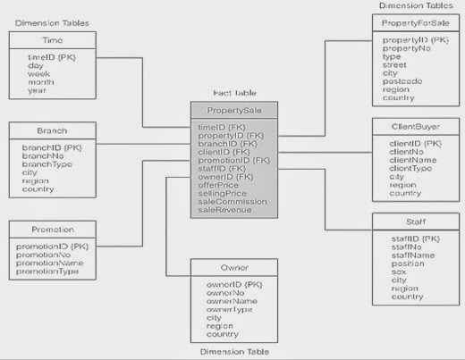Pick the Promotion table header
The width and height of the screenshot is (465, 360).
click(x=52, y=229)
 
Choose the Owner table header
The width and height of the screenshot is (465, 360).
click(x=234, y=267)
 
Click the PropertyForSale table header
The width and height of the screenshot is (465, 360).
click(x=414, y=21)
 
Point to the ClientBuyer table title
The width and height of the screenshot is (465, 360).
click(x=414, y=127)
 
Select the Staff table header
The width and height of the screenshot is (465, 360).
click(x=414, y=220)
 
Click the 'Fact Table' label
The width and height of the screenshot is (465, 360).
click(x=234, y=93)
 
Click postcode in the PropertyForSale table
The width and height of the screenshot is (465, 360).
click(x=402, y=80)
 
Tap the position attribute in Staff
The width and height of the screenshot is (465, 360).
click(x=407, y=264)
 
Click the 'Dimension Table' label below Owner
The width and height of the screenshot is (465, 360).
click(x=233, y=350)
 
